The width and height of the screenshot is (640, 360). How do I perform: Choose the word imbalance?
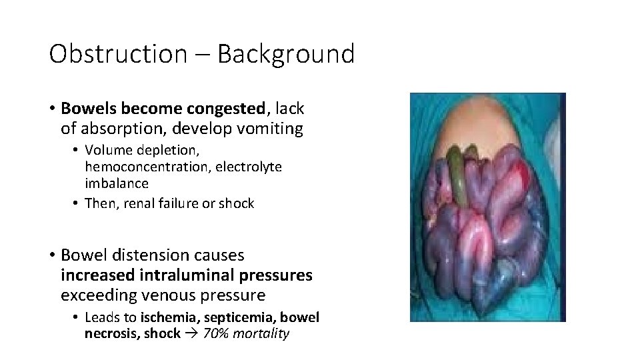(117, 182)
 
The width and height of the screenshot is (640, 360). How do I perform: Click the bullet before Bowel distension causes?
(51, 255)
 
